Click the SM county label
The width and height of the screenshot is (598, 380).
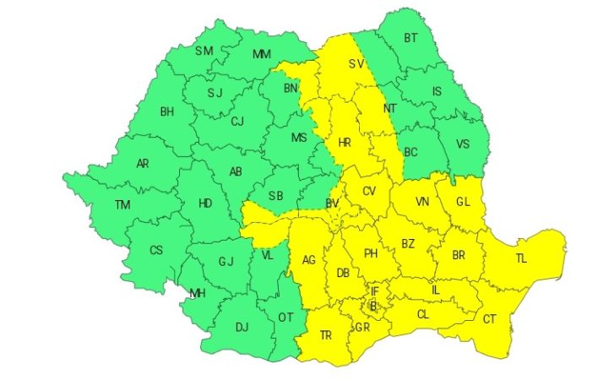[x=204, y=52]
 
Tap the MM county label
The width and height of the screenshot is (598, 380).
[x=263, y=54]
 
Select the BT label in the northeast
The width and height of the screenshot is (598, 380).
[x=411, y=38]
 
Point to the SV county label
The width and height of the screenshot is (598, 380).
[x=358, y=62]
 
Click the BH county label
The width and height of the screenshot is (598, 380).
[x=166, y=111]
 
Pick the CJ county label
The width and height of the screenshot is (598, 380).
[x=236, y=122]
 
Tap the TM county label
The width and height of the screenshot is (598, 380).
[x=123, y=204]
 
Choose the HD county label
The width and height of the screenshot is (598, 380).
[x=205, y=203]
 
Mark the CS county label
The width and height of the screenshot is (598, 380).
[x=156, y=251]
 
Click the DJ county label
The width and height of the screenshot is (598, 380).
[x=242, y=328]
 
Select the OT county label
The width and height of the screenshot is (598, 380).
[x=285, y=318]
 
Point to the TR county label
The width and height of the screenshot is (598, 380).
[x=326, y=335]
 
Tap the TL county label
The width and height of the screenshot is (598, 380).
[x=520, y=258]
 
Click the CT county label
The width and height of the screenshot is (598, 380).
[x=490, y=319]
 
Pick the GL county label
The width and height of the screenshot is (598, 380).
[x=463, y=202]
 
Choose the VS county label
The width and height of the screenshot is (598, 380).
[x=463, y=144]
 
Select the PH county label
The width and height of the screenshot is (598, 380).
[x=369, y=252]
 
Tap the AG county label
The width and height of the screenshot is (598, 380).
[x=309, y=260]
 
